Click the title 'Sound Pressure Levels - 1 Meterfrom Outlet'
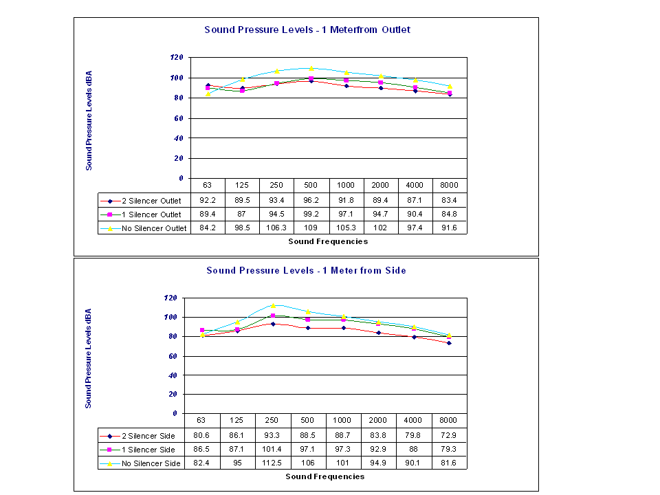point(307,30)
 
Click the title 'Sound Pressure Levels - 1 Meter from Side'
point(306,270)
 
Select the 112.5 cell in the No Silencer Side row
point(273,463)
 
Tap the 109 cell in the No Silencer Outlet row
point(311,228)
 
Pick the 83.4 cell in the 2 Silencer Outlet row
point(450,201)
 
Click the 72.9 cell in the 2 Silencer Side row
point(449,435)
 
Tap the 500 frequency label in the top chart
point(311,186)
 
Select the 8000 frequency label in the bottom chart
point(449,420)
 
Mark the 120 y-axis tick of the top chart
point(177,58)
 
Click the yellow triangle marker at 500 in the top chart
point(311,69)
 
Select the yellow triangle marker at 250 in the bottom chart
point(273,305)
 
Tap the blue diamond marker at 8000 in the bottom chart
point(449,342)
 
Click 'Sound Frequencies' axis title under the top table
point(328,241)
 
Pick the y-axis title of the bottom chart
point(89,357)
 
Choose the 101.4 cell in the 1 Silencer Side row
point(273,450)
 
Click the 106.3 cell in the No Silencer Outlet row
point(277,228)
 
